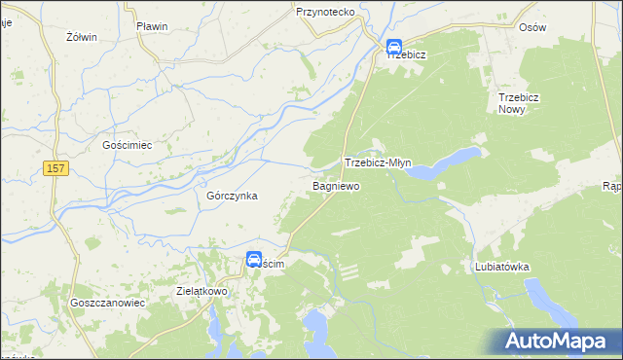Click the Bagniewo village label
pyautogui.click(x=336, y=185)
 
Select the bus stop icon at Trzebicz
pyautogui.click(x=394, y=46)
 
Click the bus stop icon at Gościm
pyautogui.click(x=253, y=260)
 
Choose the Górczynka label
pyautogui.click(x=232, y=196)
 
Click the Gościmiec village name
pyautogui.click(x=128, y=145)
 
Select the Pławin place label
pyautogui.click(x=153, y=25)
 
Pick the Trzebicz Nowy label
pyautogui.click(x=526, y=103)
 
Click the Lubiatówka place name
pyautogui.click(x=500, y=266)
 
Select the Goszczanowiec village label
pyautogui.click(x=107, y=303)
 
